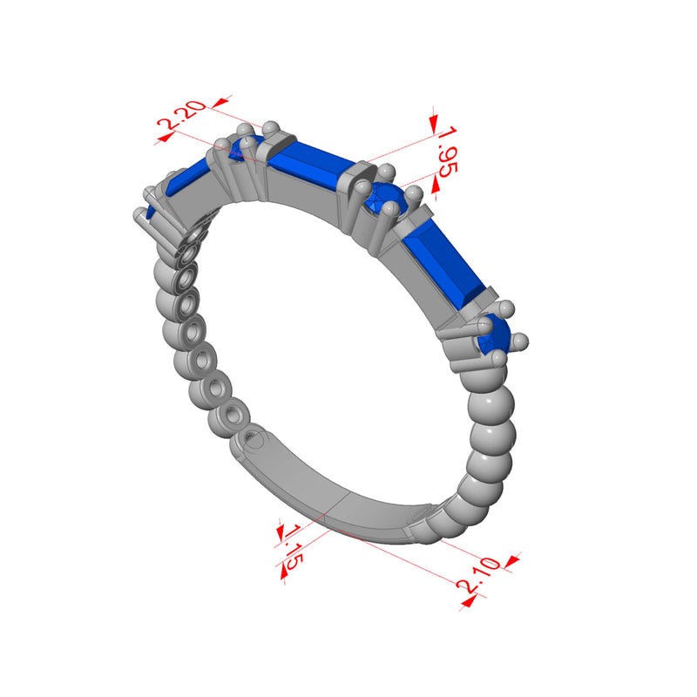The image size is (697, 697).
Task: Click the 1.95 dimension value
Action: tap(447, 152)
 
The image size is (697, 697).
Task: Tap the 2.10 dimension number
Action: tap(478, 575)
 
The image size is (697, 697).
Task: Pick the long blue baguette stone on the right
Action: tap(444, 262)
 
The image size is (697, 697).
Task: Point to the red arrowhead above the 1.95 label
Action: tap(433, 123)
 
